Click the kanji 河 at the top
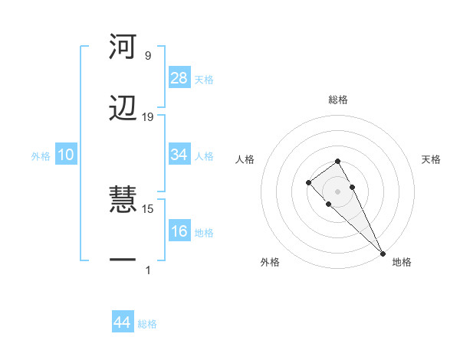coord(123,47)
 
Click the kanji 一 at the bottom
coord(123,260)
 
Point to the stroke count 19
coord(148,117)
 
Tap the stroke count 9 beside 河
coord(148,56)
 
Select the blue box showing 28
coord(179,77)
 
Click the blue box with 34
coord(179,155)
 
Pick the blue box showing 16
coord(179,231)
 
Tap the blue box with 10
coord(66,155)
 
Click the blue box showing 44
coord(122,322)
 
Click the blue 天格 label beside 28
coord(204,79)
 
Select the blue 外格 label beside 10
coord(41,156)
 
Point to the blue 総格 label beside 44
coord(147,324)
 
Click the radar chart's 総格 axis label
coord(338,100)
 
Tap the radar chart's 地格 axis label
coord(402,262)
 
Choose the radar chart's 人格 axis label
coord(245,159)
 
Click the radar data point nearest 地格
coord(382,253)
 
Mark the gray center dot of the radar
coord(337,191)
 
